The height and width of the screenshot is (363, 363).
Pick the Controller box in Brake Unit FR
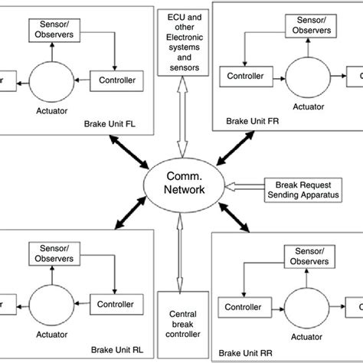point(245,77)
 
